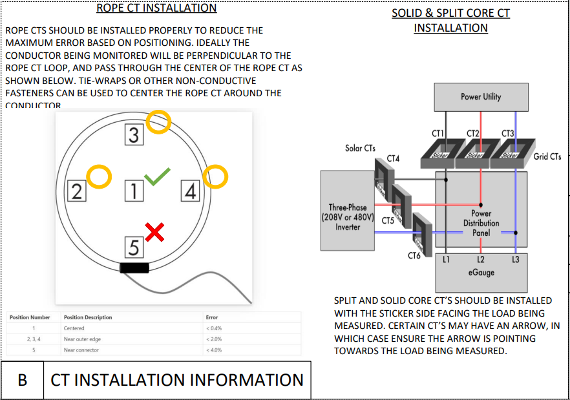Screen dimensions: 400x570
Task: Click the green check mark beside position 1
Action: pos(157,176)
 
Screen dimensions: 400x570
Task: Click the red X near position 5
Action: pos(154,231)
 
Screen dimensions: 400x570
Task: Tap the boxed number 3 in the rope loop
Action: pos(134,135)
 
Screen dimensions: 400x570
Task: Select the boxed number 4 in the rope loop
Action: pos(190,191)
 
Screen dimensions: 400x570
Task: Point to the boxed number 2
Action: pos(77,191)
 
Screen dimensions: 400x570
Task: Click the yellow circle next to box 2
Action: pos(100,176)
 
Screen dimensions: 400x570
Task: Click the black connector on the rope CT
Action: pos(134,268)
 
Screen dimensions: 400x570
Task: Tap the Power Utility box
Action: pos(481,97)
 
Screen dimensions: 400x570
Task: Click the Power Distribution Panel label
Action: pos(481,223)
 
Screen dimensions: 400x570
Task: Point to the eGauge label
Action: pos(481,273)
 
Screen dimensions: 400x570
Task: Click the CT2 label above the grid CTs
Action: pos(472,134)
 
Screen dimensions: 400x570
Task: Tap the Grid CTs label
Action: pos(547,156)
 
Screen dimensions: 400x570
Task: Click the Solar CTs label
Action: pos(360,148)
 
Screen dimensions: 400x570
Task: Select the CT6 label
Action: pos(414,256)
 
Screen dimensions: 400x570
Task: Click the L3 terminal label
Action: pos(514,260)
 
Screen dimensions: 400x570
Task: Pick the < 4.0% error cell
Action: pos(213,350)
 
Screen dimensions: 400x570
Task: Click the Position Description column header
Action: pos(88,317)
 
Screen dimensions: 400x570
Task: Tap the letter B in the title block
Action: pos(22,380)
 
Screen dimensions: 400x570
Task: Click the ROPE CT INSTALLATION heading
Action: pos(156,8)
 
